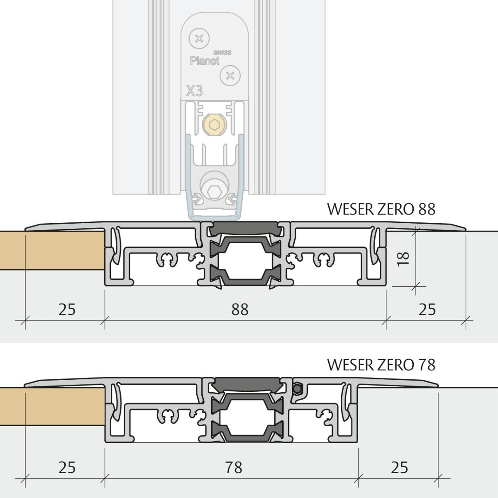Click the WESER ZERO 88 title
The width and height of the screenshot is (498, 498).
[381, 209]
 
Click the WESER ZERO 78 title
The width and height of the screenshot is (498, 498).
[381, 364]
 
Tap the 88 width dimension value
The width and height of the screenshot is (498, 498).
[240, 309]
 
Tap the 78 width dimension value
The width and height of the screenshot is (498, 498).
[234, 467]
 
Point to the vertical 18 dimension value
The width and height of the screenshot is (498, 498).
[403, 258]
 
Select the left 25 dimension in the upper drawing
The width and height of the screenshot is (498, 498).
[67, 309]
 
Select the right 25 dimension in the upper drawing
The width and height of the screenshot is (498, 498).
[427, 309]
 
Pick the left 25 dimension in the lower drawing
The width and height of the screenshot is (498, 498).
[67, 467]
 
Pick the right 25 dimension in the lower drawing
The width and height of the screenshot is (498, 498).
[399, 467]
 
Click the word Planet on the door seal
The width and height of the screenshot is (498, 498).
[205, 61]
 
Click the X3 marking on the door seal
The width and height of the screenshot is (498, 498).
[194, 90]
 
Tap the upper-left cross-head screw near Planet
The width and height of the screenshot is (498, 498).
[199, 39]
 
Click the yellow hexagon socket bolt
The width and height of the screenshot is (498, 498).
[215, 124]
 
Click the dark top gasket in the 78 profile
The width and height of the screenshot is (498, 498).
[247, 384]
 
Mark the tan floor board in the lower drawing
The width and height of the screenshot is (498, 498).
[52, 407]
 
